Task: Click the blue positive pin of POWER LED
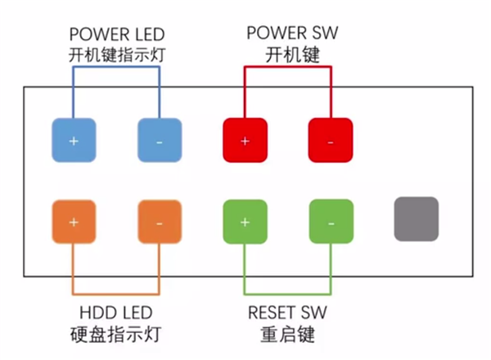click(74, 141)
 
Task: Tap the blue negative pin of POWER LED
click(159, 141)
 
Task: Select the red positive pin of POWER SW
click(245, 141)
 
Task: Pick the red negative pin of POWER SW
click(330, 141)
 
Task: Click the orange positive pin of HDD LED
click(74, 222)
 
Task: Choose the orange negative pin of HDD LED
click(159, 222)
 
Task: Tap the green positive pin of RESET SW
click(245, 222)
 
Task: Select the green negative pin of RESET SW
click(330, 222)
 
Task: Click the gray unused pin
click(417, 219)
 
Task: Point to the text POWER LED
click(115, 34)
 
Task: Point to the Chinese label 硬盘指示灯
click(115, 335)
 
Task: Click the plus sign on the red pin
click(245, 141)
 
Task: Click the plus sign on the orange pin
click(74, 222)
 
